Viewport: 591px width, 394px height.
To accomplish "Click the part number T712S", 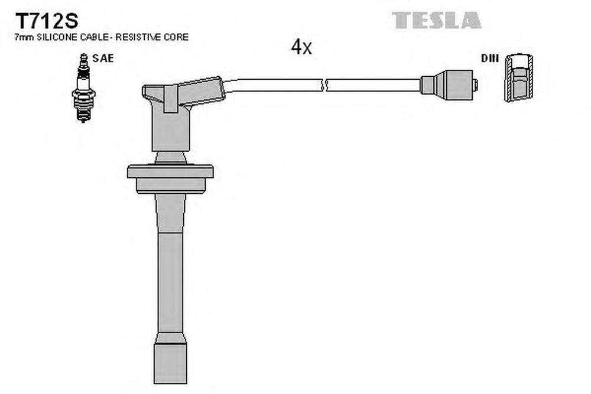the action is [x=46, y=21].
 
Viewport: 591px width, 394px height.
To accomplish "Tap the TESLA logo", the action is [x=437, y=20].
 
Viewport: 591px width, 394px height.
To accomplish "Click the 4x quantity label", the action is [x=301, y=47].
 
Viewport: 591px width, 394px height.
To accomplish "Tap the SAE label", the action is [x=103, y=58].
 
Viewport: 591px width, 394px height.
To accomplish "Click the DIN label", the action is [x=489, y=58].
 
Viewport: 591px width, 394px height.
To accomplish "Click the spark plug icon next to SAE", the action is [x=83, y=88].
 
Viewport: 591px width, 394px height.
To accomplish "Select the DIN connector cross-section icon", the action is [x=519, y=77].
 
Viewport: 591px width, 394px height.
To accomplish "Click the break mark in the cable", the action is [x=324, y=85].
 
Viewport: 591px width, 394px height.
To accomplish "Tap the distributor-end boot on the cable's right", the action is [x=447, y=85].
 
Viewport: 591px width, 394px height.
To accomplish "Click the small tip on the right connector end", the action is [x=475, y=85].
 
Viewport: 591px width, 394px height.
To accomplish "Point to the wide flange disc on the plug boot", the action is [x=170, y=171].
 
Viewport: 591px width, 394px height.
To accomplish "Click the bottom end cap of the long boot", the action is [x=170, y=363].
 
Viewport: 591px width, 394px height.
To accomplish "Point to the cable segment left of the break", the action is [x=273, y=86].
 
